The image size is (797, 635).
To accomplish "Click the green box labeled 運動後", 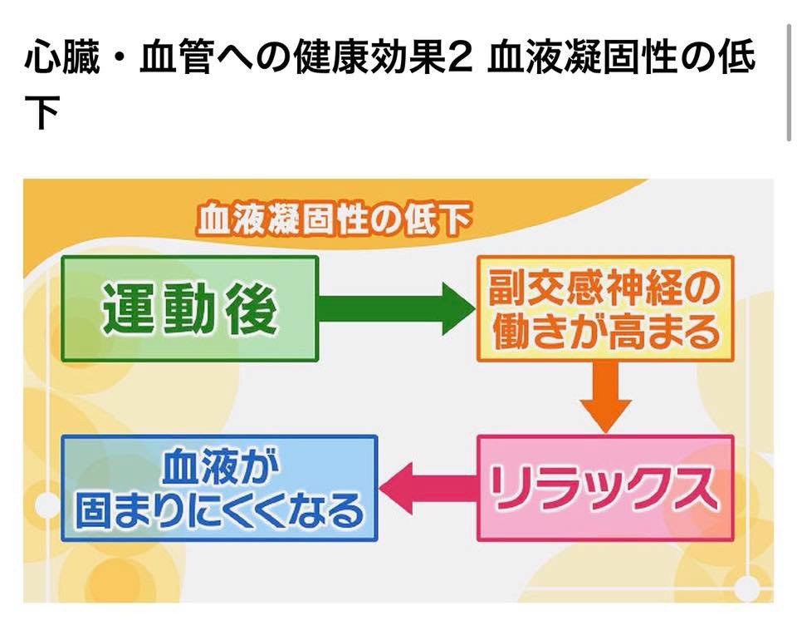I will click(189, 308).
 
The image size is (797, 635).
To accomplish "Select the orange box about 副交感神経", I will click(604, 309).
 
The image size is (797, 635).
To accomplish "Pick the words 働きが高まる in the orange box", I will click(604, 332).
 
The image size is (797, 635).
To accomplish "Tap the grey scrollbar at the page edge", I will click(788, 83).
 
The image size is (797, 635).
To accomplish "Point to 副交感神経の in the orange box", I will click(604, 288).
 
